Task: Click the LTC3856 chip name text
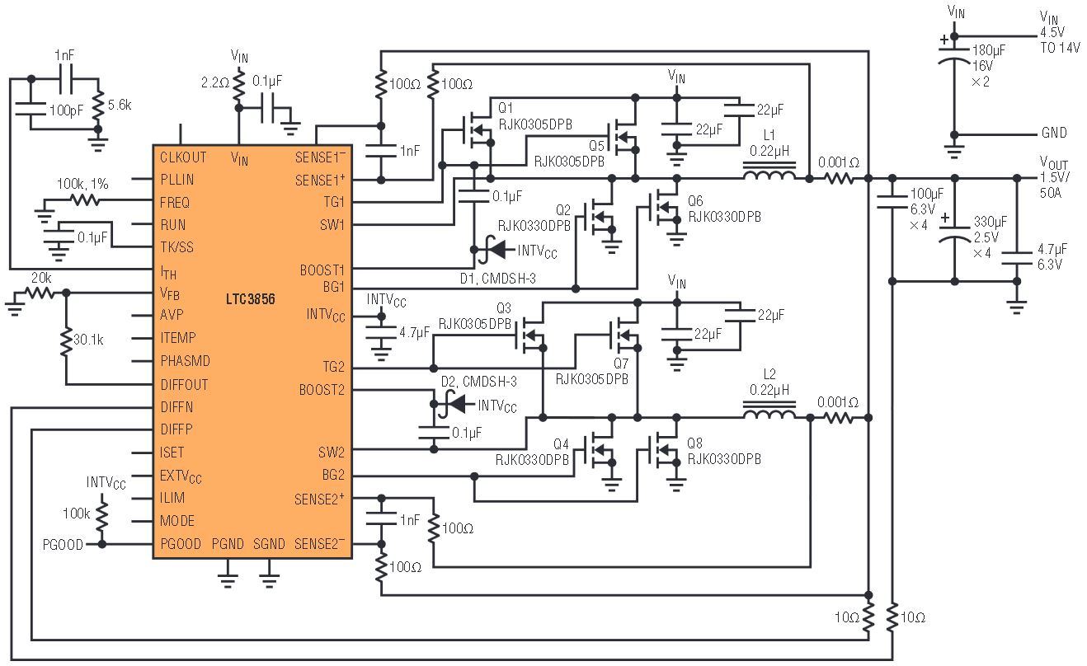point(251,299)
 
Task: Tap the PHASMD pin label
point(186,361)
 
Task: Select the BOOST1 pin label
point(322,270)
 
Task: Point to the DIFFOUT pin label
point(184,385)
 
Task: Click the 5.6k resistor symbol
point(98,106)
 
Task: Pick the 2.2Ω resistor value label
point(215,83)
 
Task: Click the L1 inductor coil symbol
point(769,171)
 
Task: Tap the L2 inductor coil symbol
point(769,410)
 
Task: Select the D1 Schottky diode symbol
point(496,251)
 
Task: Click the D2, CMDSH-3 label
point(478,382)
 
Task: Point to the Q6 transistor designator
point(695,201)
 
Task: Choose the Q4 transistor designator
point(561,443)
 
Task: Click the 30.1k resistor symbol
point(66,339)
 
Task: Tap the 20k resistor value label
point(41,278)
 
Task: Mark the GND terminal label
point(1054,133)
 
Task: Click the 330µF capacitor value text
point(991,223)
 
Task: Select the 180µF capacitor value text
point(989,50)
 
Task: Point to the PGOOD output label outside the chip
point(63,545)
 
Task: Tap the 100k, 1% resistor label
point(82,184)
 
